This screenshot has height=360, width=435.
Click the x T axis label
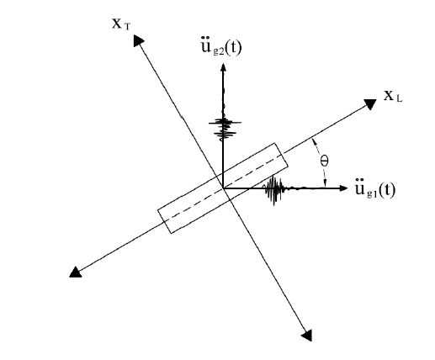121,24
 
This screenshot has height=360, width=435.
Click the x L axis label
393,97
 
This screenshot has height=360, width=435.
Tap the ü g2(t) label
221,48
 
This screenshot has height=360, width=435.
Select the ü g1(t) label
375,190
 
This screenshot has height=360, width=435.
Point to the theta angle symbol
325,161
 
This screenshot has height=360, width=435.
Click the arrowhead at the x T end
139,40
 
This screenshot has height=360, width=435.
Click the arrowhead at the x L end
370,104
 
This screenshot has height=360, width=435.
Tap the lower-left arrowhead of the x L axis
75,273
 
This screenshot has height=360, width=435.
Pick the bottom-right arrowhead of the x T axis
307,336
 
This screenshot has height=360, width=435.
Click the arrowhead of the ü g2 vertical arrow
223,67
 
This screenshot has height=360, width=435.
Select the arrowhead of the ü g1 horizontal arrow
343,188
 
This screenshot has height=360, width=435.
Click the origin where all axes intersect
223,188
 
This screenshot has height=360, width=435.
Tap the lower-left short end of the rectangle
165,221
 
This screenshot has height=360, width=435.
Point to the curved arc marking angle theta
321,162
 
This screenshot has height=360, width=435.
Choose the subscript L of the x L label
399,99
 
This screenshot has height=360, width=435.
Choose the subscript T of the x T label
127,27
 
